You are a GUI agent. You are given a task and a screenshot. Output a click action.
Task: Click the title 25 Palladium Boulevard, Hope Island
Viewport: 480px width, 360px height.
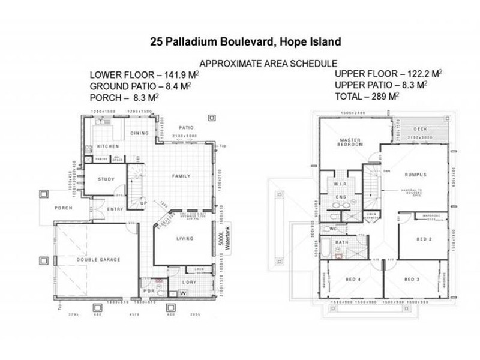(246, 42)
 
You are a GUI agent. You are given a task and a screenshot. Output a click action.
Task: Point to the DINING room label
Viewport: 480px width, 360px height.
(139, 133)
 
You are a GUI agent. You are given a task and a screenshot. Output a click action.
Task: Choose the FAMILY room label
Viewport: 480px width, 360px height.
(181, 176)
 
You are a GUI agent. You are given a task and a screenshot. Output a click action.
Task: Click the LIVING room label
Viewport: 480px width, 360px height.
(185, 239)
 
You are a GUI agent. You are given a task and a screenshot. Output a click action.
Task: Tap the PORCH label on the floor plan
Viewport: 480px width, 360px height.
(63, 208)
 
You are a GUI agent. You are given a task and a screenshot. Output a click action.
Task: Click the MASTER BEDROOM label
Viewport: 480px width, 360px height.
(349, 143)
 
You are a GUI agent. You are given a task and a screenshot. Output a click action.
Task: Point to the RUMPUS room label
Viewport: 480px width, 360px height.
(415, 175)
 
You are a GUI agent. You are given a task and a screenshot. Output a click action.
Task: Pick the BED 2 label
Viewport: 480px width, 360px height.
(424, 239)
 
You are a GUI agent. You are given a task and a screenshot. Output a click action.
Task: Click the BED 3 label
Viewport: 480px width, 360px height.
(411, 280)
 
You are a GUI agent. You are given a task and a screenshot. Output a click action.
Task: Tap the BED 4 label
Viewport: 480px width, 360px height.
(353, 280)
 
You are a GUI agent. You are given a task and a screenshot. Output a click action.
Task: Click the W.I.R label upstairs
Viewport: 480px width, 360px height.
(338, 183)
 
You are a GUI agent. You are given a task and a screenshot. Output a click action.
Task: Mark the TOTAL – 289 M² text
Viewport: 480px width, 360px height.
(368, 95)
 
